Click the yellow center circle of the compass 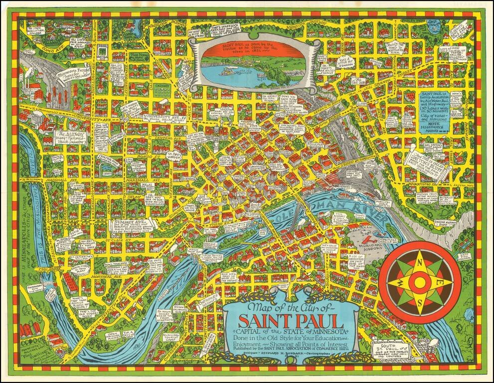(x=420, y=282)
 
